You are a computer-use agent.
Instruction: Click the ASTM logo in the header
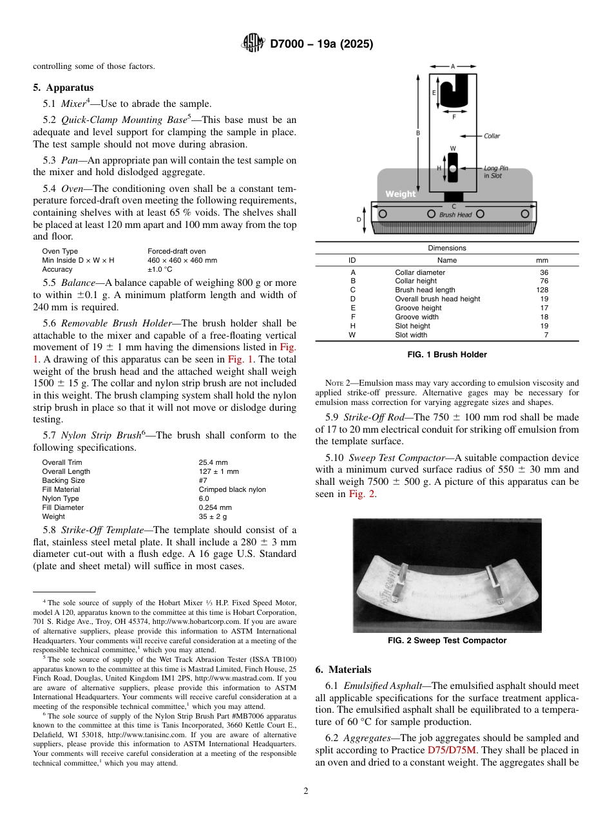pyautogui.click(x=253, y=44)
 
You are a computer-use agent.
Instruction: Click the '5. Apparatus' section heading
pyautogui.click(x=63, y=88)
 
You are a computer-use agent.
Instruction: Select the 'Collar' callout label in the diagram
pyautogui.click(x=492, y=136)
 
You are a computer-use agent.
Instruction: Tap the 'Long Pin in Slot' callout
pyautogui.click(x=496, y=172)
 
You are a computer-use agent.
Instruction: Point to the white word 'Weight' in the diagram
pyautogui.click(x=401, y=194)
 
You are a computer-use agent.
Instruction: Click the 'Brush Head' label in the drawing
pyautogui.click(x=455, y=215)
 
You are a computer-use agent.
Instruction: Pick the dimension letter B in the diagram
pyautogui.click(x=417, y=133)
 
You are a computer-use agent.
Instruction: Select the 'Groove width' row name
pyautogui.click(x=417, y=317)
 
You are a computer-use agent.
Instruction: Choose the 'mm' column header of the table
pyautogui.click(x=542, y=260)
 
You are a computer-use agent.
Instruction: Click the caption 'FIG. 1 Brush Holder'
pyautogui.click(x=447, y=355)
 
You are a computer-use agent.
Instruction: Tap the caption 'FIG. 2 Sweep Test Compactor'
pyautogui.click(x=447, y=641)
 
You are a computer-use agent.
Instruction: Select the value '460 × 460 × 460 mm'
pyautogui.click(x=182, y=260)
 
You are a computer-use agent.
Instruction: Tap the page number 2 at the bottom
pyautogui.click(x=306, y=791)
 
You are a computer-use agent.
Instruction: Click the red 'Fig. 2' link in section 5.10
pyautogui.click(x=361, y=494)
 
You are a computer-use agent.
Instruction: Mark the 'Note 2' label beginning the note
pyautogui.click(x=339, y=383)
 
